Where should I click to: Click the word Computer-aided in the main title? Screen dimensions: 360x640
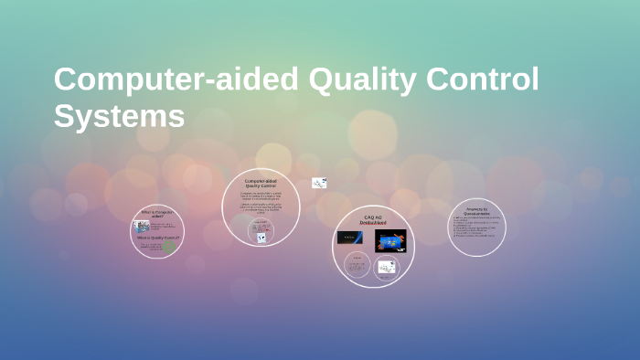click(176, 80)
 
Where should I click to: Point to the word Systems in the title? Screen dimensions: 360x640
click(119, 116)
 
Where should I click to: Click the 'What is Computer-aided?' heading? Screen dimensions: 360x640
click(156, 214)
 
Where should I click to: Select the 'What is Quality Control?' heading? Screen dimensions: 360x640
click(159, 237)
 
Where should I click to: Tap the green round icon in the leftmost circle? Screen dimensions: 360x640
click(169, 246)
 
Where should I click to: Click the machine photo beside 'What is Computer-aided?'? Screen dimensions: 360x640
click(142, 226)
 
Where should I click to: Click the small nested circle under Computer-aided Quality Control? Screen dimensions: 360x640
click(261, 231)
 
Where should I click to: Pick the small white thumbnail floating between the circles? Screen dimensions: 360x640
click(318, 183)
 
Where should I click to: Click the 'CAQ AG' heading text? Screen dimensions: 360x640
click(373, 217)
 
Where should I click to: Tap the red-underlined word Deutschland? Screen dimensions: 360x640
click(373, 224)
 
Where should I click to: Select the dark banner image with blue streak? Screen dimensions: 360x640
click(351, 238)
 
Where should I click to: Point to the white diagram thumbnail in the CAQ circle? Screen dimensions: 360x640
click(387, 267)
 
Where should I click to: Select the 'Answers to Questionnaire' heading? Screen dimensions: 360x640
click(476, 211)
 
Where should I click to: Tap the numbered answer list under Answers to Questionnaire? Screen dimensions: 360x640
click(475, 228)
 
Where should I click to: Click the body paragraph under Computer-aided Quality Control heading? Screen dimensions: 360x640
click(261, 202)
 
